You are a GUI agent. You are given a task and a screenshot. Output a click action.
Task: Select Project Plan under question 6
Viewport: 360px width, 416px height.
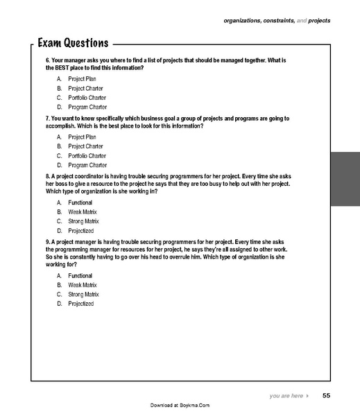(x=82, y=79)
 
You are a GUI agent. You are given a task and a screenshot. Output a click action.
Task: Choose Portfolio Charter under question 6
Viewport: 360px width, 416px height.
(x=87, y=98)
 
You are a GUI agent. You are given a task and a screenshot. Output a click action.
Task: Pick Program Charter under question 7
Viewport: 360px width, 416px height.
(x=87, y=165)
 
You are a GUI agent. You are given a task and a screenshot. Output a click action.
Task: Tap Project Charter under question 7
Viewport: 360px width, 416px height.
(x=85, y=146)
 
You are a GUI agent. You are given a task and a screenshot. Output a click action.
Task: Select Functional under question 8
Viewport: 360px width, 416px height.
(x=80, y=202)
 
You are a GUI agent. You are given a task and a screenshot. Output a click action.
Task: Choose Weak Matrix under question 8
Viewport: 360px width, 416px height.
(x=82, y=211)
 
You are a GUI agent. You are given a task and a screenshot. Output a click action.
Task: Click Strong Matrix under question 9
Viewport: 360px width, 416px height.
(x=83, y=294)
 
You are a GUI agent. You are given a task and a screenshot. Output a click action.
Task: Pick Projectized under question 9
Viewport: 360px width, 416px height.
(x=80, y=304)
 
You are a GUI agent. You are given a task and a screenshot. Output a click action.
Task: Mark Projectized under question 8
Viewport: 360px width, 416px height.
(x=80, y=230)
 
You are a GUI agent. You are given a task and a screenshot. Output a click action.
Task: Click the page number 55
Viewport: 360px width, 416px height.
(x=326, y=396)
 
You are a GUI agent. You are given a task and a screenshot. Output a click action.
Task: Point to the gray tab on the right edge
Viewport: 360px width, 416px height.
(x=345, y=179)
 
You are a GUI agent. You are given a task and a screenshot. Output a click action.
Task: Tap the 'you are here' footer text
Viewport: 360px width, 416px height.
(x=286, y=396)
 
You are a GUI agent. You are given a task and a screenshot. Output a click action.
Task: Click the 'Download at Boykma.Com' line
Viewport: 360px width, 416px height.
(x=180, y=405)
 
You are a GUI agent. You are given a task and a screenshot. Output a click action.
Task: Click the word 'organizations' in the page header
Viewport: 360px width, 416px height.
(x=243, y=21)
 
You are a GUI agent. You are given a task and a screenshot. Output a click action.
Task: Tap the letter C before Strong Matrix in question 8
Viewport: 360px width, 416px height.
(x=60, y=221)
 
